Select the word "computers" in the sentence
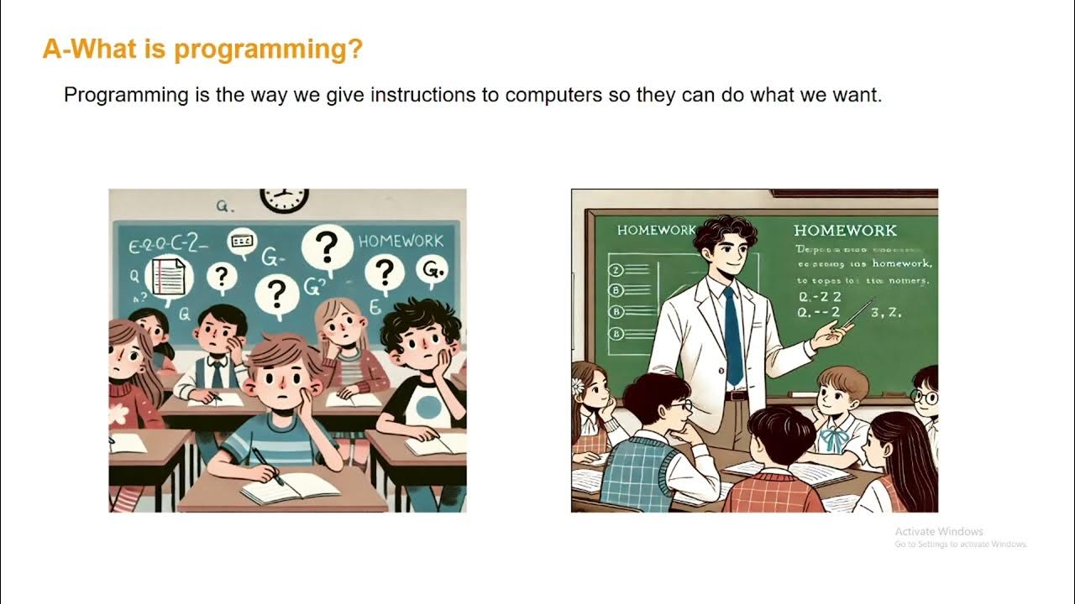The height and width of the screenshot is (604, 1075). (x=553, y=95)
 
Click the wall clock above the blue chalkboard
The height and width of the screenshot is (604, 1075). (x=283, y=200)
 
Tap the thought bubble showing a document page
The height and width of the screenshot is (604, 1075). (x=169, y=278)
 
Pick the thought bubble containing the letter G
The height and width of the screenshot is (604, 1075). (x=431, y=270)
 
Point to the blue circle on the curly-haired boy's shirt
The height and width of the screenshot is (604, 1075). (x=428, y=409)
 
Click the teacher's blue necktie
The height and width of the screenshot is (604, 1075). (x=732, y=336)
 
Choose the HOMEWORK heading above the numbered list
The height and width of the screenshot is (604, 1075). (x=655, y=230)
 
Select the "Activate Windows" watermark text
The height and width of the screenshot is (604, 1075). (x=938, y=531)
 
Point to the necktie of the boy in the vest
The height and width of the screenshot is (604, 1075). (x=217, y=372)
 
